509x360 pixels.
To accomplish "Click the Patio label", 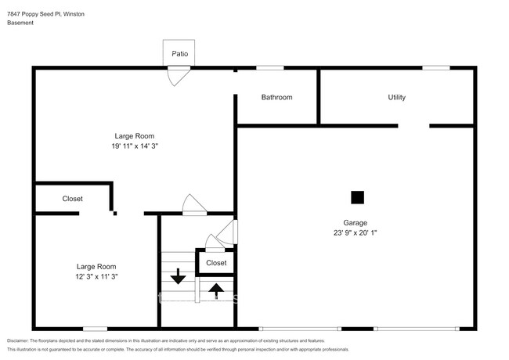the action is click(x=179, y=54).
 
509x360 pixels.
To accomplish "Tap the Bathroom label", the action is click(x=276, y=97).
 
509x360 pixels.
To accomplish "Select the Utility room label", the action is click(x=397, y=97).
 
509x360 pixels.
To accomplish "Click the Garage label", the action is click(x=356, y=223).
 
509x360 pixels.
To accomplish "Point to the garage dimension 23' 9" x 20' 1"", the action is click(x=356, y=233).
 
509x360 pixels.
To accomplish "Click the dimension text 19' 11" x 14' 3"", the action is click(x=135, y=146).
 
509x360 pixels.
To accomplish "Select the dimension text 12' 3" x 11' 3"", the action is click(x=96, y=276).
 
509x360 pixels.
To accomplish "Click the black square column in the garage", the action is click(x=357, y=197).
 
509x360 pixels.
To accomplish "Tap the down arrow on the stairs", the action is click(x=178, y=276).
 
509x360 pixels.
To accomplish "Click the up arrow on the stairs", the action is click(x=216, y=290).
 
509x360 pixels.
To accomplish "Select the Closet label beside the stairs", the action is click(x=216, y=263).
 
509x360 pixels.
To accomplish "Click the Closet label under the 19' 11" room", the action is click(x=72, y=199).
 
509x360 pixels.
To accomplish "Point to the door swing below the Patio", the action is click(x=179, y=76).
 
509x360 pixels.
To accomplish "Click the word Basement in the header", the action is click(x=20, y=23).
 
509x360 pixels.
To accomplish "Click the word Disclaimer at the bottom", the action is click(x=18, y=341).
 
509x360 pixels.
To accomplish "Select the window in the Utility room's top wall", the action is click(x=436, y=68).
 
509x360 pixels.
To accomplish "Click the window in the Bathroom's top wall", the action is click(x=270, y=68).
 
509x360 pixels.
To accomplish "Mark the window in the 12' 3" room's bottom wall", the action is click(x=95, y=329).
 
